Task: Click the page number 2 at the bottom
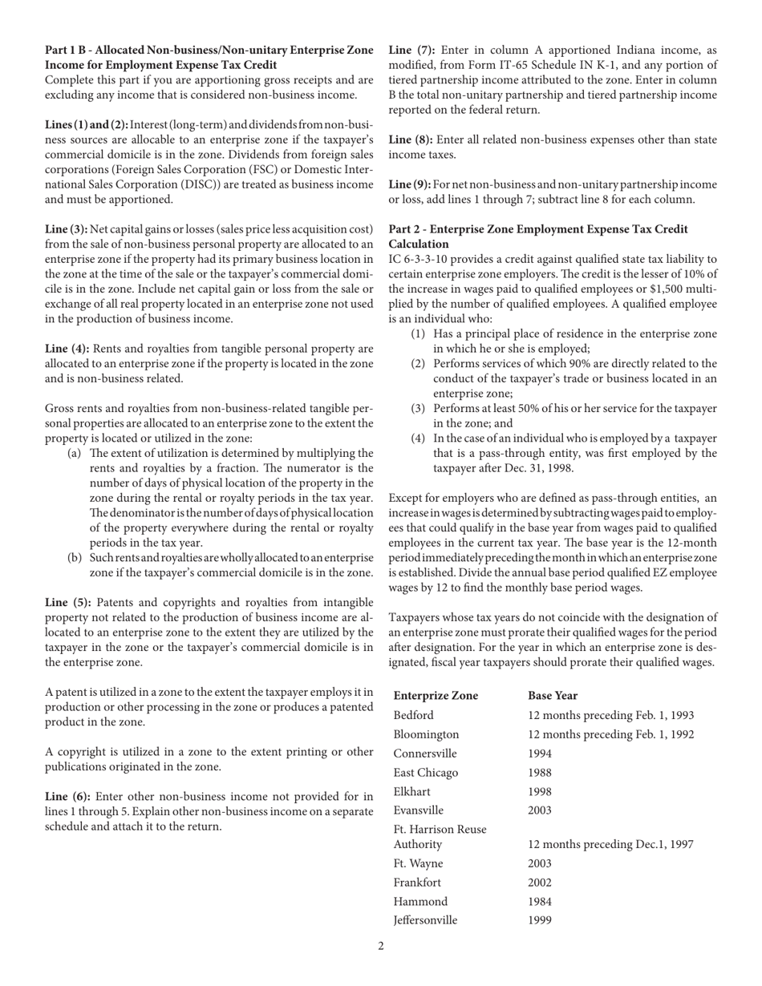tap(381, 946)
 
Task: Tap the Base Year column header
tap(553, 696)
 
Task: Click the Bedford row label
tap(413, 715)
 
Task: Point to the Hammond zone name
tap(420, 901)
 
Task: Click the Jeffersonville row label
tap(425, 920)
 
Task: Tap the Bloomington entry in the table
tap(426, 734)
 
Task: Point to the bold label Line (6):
tap(67, 797)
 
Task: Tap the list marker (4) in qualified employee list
tap(419, 438)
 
